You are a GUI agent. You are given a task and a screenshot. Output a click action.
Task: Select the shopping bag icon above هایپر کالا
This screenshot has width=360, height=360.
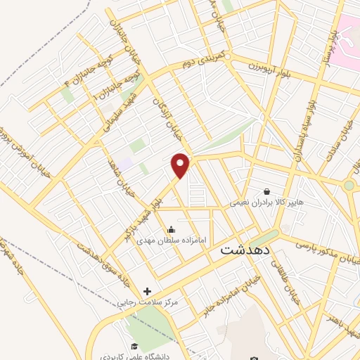(266, 191)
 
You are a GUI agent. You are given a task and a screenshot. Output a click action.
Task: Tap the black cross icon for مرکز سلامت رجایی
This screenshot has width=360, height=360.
(147, 291)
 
